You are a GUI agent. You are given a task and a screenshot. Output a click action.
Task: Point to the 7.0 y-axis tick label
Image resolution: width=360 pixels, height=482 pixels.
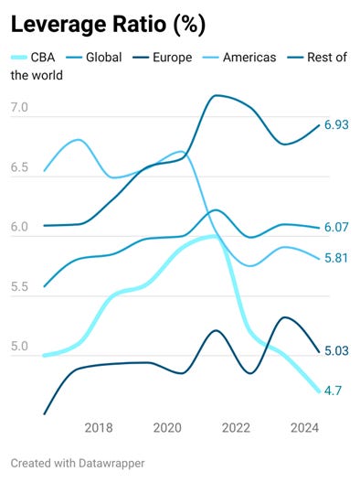click(x=20, y=109)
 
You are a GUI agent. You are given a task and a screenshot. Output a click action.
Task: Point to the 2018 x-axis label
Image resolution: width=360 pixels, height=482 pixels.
click(x=99, y=427)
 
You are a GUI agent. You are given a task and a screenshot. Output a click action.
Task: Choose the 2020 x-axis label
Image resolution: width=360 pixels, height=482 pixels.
click(x=167, y=427)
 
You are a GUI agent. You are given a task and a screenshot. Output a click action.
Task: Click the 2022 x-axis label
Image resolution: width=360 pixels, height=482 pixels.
click(x=236, y=427)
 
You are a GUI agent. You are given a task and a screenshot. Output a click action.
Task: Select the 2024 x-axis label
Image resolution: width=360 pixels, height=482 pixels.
click(x=304, y=427)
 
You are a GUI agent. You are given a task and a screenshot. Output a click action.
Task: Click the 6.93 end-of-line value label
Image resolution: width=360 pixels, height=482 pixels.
click(x=338, y=125)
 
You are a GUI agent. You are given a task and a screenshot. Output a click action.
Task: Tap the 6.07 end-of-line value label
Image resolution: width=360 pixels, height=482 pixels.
click(x=338, y=228)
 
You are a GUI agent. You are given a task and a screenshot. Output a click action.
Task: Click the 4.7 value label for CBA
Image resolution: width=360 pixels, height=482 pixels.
click(x=334, y=391)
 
